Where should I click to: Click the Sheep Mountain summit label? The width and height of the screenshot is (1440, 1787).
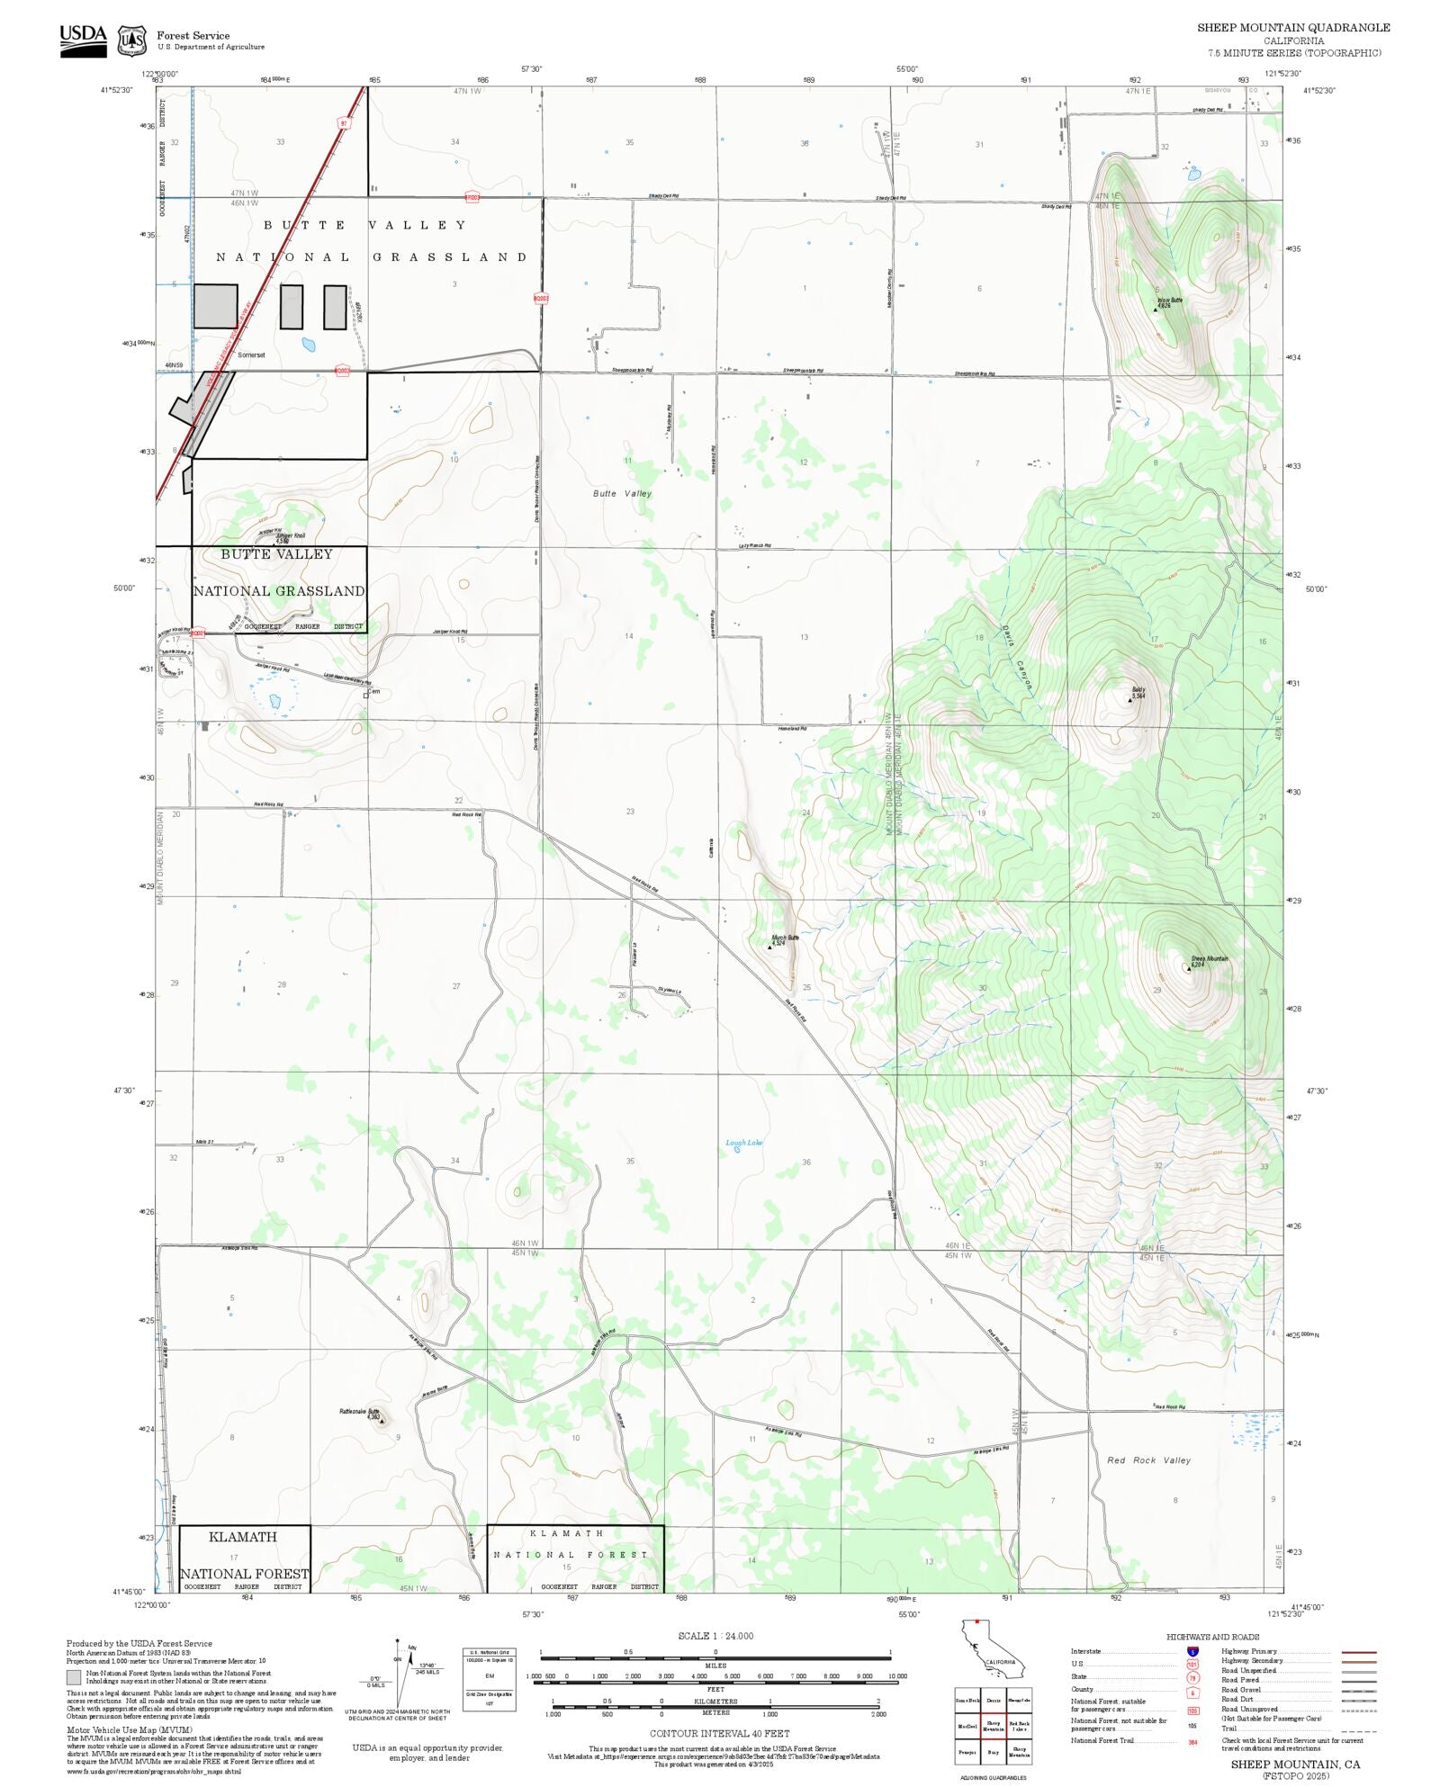click(1209, 959)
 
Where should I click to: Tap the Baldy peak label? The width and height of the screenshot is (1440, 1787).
click(1138, 691)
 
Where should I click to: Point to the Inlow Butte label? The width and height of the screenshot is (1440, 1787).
click(1169, 301)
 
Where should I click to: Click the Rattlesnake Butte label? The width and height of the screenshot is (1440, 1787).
click(360, 1412)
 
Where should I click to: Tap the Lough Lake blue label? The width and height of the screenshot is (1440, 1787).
click(743, 1143)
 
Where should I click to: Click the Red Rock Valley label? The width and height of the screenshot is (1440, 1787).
click(1148, 1460)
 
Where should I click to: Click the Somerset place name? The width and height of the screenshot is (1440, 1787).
click(251, 355)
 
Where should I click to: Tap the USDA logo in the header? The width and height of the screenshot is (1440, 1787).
click(83, 40)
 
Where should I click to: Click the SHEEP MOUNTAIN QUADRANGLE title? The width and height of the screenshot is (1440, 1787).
click(1292, 28)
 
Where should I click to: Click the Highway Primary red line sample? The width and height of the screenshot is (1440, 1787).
click(1358, 1652)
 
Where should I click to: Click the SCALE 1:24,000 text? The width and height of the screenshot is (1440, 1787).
click(715, 1636)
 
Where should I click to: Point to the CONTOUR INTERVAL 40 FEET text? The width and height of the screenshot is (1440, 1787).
click(719, 1733)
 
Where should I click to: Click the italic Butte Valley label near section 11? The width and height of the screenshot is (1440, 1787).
click(622, 493)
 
